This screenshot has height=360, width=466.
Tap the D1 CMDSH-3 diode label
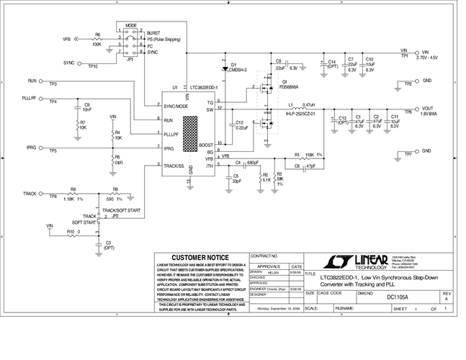238,67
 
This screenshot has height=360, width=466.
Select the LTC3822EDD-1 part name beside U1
202,87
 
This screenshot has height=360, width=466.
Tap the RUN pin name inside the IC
169,120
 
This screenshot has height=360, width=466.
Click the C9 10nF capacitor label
86,107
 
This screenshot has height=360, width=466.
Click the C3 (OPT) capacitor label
109,246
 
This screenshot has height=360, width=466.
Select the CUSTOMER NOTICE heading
200,258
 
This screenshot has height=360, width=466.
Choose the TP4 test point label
53,102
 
